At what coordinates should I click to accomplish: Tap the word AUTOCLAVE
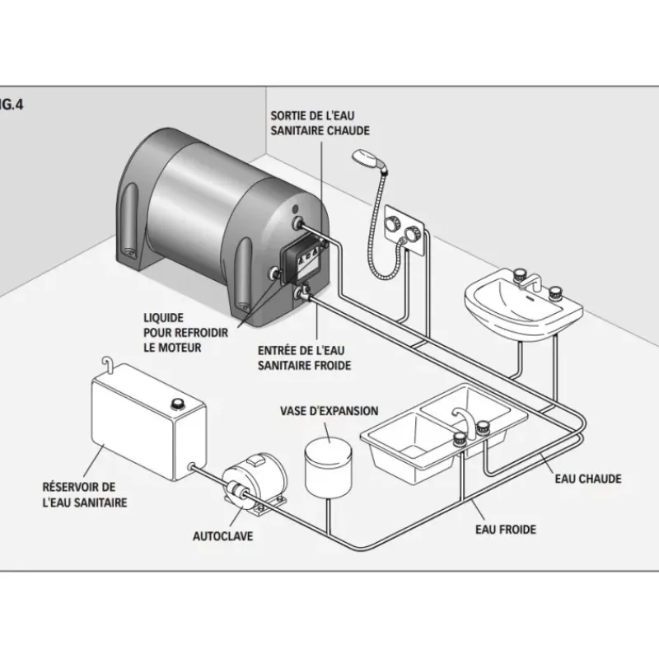pos(222,536)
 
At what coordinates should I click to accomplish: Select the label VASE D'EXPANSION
pos(329,411)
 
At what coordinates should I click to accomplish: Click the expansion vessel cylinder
pos(328,466)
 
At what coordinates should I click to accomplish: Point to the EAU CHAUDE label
pos(588,479)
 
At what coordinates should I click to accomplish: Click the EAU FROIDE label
pos(506,530)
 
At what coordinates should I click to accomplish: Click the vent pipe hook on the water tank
pos(108,365)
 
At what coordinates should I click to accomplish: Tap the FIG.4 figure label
pos(12,105)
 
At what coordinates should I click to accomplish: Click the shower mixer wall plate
pos(404,230)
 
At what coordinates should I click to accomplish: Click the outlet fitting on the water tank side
pos(192,466)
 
